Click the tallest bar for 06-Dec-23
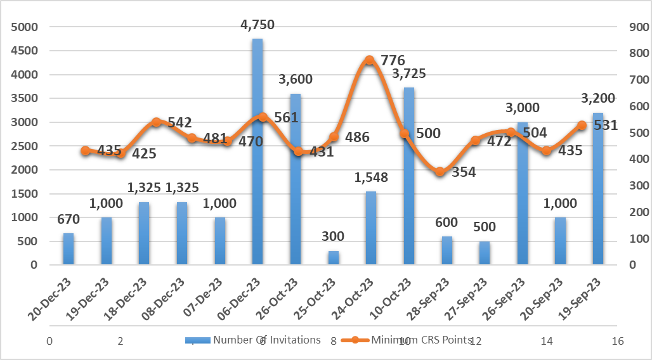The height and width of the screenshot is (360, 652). tap(258, 152)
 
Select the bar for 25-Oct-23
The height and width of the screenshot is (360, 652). tap(333, 258)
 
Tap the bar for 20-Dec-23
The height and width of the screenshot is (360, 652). tap(68, 249)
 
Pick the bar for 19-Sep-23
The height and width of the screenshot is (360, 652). tap(597, 189)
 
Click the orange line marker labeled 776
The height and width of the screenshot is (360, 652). tap(369, 60)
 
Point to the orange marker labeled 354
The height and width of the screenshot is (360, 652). tap(440, 172)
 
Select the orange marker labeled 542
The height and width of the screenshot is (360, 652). tap(156, 122)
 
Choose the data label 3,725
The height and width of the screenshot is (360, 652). tap(408, 74)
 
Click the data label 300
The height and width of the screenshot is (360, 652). tap(332, 237)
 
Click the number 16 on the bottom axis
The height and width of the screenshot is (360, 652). tap(618, 341)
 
